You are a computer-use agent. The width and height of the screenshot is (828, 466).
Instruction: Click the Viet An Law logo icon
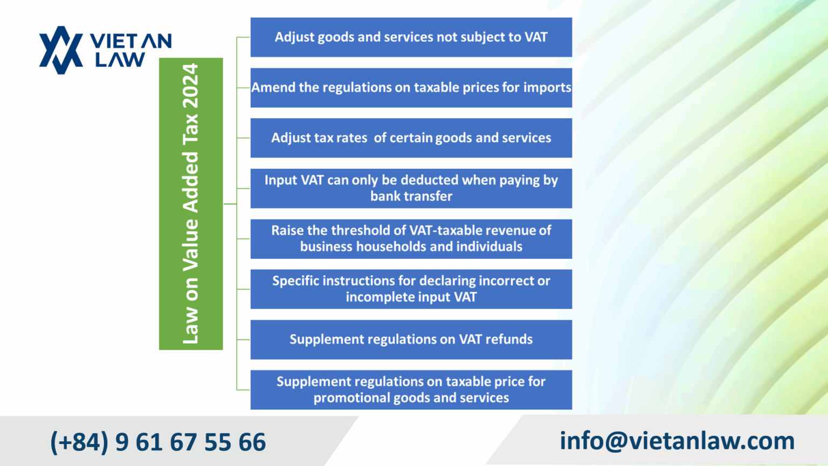61,50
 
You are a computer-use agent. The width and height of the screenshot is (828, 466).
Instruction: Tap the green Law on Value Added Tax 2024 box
191,204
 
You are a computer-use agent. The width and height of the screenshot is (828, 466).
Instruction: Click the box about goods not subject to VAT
411,37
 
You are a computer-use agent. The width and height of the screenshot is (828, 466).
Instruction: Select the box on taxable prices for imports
411,87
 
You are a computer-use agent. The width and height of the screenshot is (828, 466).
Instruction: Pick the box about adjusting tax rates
411,138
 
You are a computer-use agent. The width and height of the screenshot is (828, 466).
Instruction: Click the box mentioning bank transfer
411,188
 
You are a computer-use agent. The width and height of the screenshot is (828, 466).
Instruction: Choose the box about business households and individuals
411,238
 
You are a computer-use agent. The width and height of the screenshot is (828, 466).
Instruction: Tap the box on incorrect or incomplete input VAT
411,289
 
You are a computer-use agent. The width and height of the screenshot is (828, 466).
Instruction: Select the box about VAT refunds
411,339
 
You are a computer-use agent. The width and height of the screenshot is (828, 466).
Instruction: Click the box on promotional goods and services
411,389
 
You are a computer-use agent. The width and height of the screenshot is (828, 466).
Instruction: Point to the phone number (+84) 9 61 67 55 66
158,442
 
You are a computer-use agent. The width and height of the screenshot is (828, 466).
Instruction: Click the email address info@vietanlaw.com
677,441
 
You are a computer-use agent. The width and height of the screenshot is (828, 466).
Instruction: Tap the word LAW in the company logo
120,59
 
